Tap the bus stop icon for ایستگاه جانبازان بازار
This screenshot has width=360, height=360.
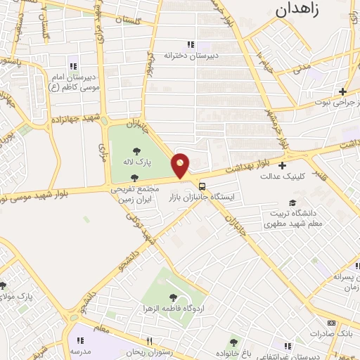[x=202, y=186]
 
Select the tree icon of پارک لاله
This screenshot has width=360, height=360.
[x=134, y=150]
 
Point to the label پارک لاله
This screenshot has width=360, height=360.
[x=134, y=162]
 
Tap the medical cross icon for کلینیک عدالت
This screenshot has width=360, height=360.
[x=283, y=167]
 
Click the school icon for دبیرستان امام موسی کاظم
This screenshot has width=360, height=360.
[x=73, y=66]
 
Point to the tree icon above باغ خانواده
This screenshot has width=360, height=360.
[x=234, y=342]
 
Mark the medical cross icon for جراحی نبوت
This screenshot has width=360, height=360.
[x=343, y=91]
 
